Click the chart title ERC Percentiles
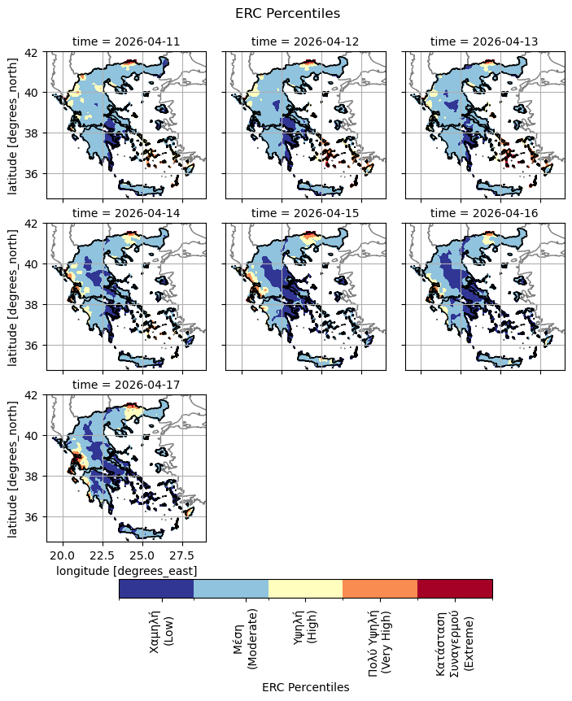[x=287, y=14]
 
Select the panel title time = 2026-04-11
[x=126, y=41]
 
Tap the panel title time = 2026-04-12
[x=305, y=41]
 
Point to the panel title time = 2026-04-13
[x=484, y=41]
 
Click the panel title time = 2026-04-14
[x=126, y=213]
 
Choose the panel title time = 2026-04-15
[x=305, y=213]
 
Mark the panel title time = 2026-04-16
[x=484, y=213]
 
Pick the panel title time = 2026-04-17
[x=126, y=385]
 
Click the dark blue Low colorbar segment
[x=156, y=589]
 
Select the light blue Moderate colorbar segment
[x=231, y=589]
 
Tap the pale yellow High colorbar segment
[x=305, y=589]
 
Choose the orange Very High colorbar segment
[x=380, y=589]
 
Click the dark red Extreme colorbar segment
[x=455, y=589]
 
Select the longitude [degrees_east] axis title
[x=126, y=572]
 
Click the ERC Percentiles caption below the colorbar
[x=305, y=687]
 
